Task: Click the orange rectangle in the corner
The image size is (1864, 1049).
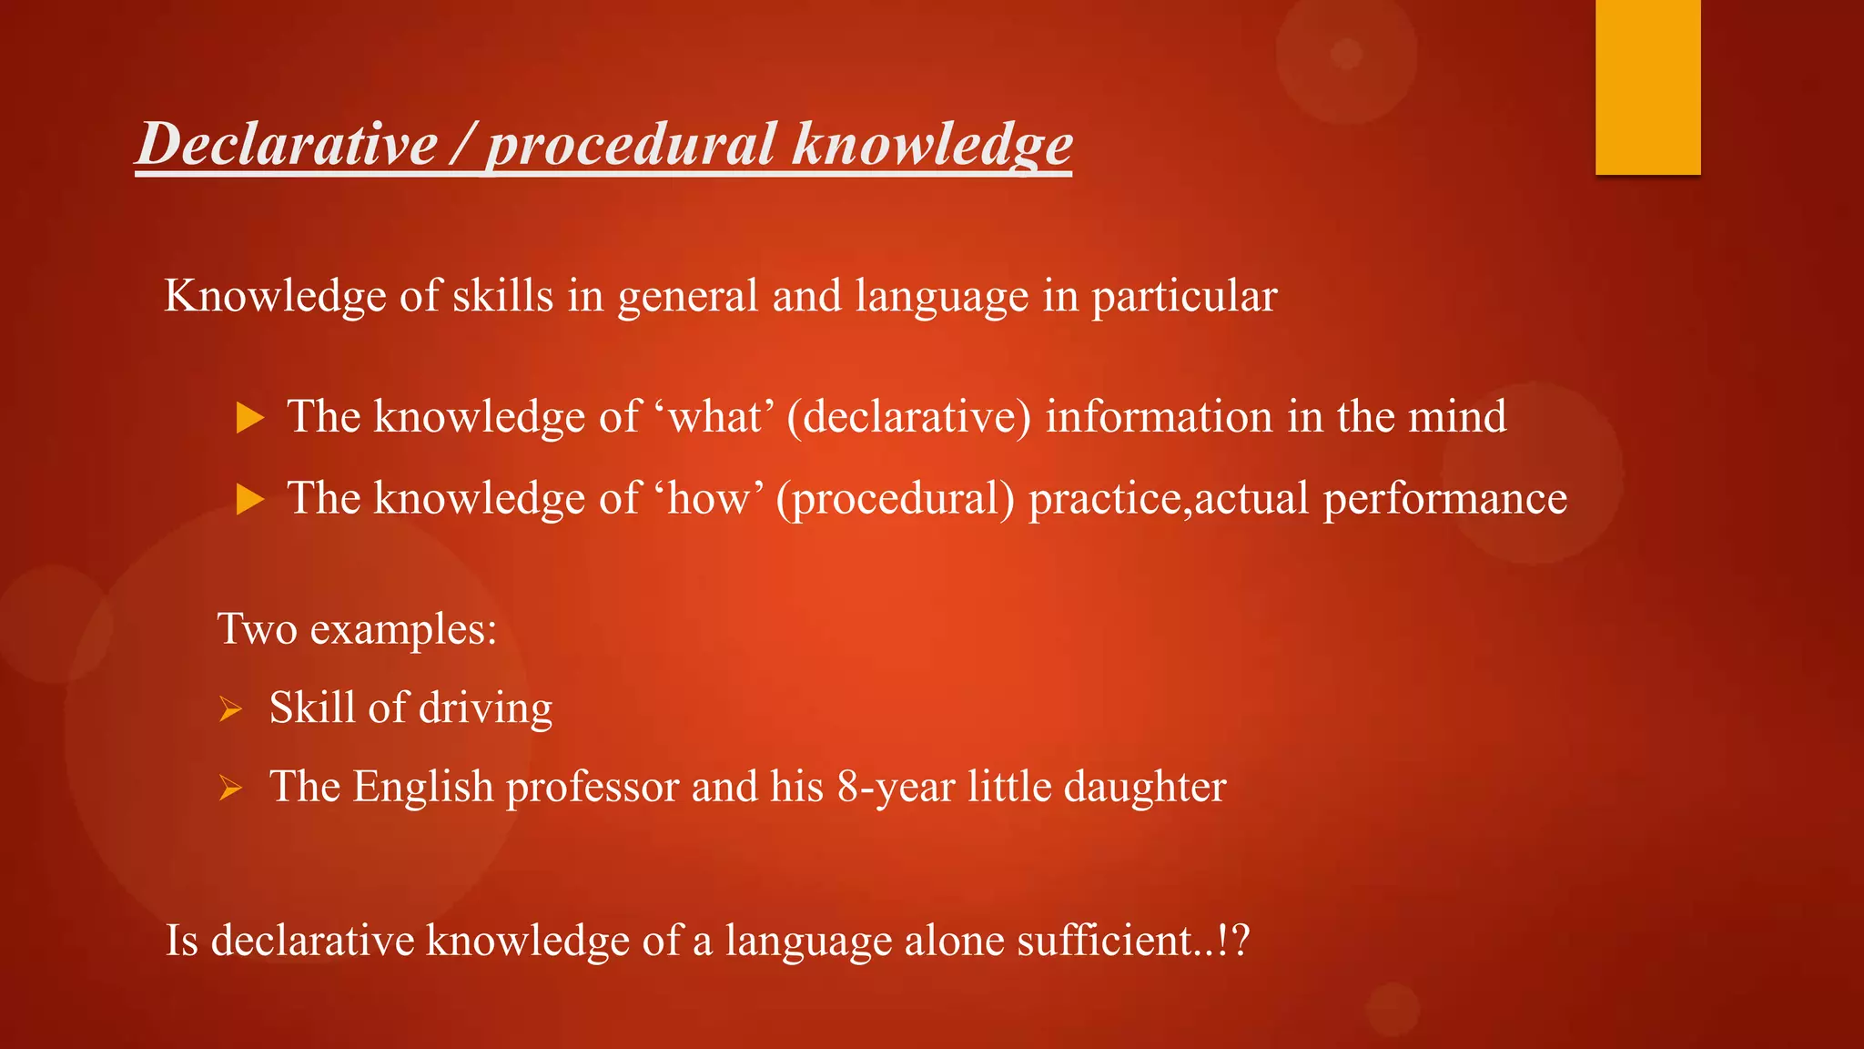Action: pos(1647,87)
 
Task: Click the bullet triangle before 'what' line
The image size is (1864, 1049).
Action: pos(249,418)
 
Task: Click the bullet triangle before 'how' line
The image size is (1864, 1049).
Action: pos(249,499)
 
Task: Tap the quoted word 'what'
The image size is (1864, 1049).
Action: pos(715,417)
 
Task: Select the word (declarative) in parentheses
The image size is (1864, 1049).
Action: pos(909,417)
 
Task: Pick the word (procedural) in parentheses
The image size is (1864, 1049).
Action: pos(896,499)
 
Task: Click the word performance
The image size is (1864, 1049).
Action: pos(1444,499)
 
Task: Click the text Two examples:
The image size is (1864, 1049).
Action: pos(357,629)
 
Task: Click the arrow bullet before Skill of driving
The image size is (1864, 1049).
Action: pos(230,708)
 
